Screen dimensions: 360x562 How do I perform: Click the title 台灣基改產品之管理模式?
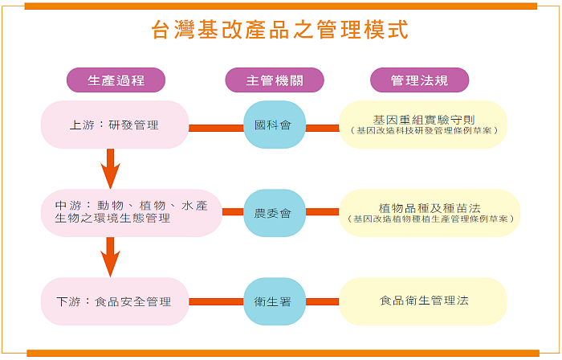[280, 31]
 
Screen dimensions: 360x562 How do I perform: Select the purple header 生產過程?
[116, 80]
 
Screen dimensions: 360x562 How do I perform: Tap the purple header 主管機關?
[274, 80]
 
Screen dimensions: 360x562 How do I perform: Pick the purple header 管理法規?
[419, 80]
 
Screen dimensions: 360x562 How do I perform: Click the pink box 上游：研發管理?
[115, 125]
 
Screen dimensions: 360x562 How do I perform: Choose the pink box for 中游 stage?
[130, 212]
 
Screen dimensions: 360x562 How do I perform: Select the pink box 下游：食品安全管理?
[115, 301]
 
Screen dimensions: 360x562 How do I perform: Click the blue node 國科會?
[274, 125]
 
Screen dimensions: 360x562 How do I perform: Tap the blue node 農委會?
[274, 214]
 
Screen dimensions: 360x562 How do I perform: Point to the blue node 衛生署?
[274, 301]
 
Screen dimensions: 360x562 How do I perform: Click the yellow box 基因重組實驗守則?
[423, 120]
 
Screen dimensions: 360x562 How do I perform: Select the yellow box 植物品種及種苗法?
[423, 207]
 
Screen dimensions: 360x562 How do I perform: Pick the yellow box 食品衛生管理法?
[423, 301]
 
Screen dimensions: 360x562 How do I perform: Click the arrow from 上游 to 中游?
[111, 170]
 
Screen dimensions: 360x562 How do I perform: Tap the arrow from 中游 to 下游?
[111, 258]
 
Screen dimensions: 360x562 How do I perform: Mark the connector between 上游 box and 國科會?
[216, 127]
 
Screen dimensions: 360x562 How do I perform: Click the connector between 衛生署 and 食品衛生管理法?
[322, 301]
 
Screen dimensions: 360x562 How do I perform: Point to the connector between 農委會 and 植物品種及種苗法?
[322, 213]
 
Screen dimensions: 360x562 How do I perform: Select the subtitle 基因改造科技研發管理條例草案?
[423, 131]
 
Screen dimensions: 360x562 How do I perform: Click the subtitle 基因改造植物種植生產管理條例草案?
[430, 219]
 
